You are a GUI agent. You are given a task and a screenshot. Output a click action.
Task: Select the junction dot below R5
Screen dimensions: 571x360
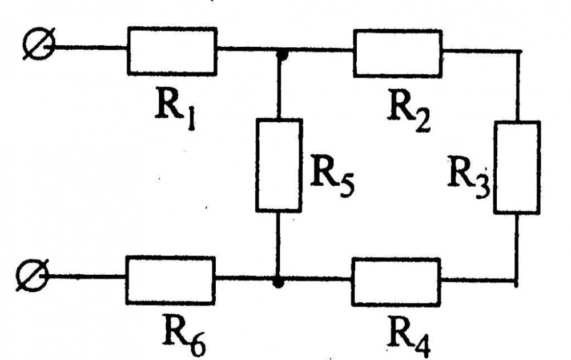pos(278,282)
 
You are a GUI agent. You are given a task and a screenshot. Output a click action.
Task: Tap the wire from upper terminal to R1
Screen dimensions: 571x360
pos(91,47)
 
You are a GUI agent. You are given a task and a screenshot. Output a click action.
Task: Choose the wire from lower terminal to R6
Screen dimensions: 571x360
pos(87,277)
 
